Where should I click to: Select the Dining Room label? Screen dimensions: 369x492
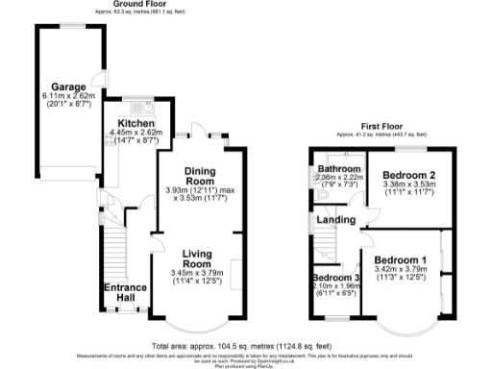pyautogui.click(x=198, y=176)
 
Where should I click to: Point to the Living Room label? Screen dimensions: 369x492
pyautogui.click(x=197, y=258)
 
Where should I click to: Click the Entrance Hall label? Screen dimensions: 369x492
pyautogui.click(x=126, y=291)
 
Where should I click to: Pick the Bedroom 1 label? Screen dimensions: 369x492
pyautogui.click(x=402, y=260)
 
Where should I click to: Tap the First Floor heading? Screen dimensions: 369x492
pyautogui.click(x=381, y=126)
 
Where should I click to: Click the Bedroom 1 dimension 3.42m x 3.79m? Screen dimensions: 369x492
pyautogui.click(x=402, y=272)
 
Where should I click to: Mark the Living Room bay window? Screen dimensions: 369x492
pyautogui.click(x=197, y=323)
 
